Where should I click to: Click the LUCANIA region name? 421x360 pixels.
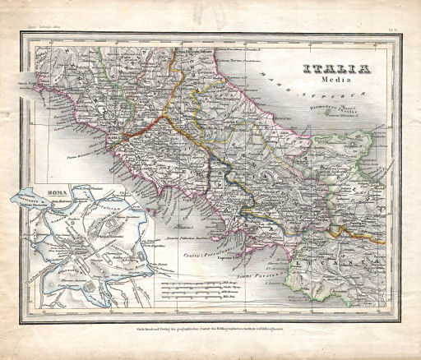coord(345,247)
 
